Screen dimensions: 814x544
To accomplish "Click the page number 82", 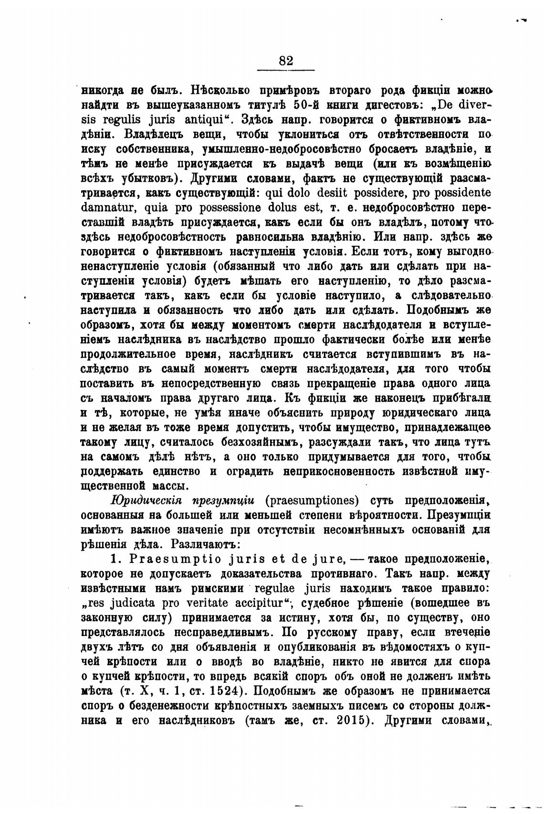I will point(285,61).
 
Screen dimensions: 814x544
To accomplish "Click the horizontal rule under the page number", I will point(285,71).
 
